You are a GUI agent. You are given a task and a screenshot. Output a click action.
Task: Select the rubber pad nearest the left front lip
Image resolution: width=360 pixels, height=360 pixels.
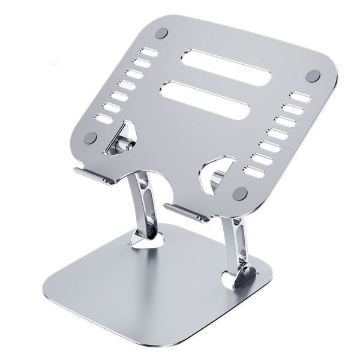tap(91, 138)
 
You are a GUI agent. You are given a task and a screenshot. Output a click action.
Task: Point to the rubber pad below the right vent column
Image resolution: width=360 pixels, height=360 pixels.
tap(241, 193)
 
